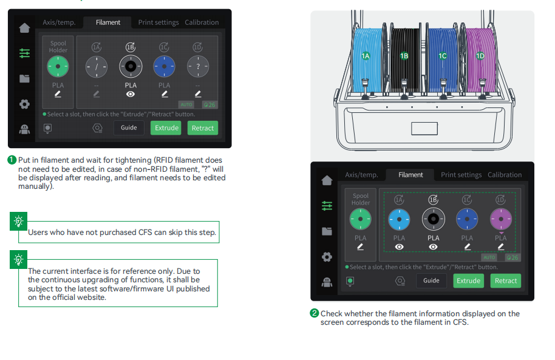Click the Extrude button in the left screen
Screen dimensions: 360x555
coord(166,128)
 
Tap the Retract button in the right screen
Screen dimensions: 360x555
coord(505,280)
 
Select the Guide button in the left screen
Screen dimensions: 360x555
coord(129,127)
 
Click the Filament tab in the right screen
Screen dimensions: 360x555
coord(410,175)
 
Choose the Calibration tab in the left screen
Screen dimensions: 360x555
coord(202,22)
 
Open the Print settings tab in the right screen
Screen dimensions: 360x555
coord(461,175)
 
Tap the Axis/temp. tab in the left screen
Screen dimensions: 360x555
coord(59,22)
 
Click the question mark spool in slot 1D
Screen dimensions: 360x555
coord(197,66)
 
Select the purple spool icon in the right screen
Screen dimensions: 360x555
coord(500,219)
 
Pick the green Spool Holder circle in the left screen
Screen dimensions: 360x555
coord(58,66)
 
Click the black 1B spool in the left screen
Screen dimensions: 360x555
coord(131,66)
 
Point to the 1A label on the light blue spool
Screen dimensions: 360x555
coord(366,56)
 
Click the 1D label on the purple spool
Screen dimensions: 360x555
coord(480,56)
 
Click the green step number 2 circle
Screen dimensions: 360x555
coord(315,313)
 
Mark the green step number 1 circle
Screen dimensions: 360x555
coord(12,160)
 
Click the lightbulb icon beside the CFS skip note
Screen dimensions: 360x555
coord(19,221)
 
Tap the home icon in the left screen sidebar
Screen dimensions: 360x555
coord(24,28)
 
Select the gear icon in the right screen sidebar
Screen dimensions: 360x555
coord(327,257)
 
